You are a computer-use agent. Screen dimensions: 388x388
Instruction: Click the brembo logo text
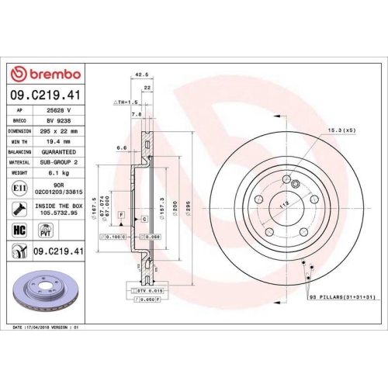(51, 74)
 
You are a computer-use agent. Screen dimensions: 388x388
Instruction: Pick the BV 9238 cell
(59, 121)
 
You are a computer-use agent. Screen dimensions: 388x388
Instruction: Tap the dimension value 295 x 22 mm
(59, 132)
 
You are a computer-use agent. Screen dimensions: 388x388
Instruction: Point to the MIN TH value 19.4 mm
(59, 143)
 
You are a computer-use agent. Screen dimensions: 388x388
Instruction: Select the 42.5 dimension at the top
(141, 75)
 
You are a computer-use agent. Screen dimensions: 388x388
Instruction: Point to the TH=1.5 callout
(125, 102)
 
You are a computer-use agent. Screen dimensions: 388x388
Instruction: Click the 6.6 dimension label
(121, 147)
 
